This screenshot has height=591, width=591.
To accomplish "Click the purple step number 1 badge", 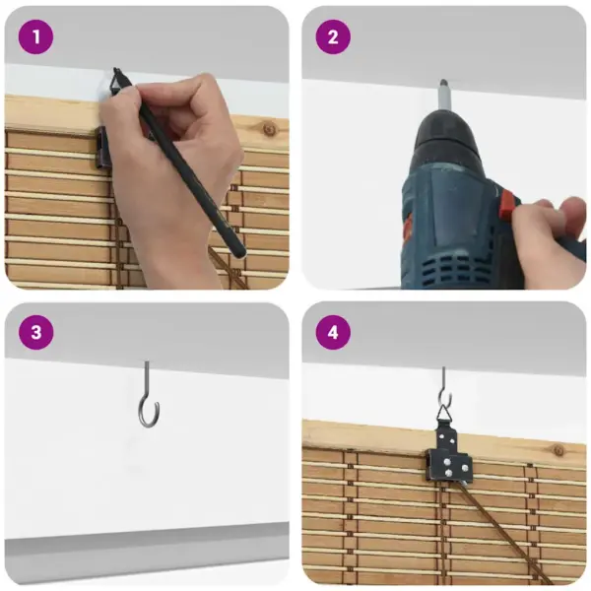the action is (x=35, y=37).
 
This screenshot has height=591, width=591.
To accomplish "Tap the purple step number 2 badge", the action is (x=333, y=37).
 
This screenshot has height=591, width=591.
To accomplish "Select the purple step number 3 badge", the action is (x=35, y=333).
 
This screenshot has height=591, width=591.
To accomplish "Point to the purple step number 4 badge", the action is (x=333, y=333).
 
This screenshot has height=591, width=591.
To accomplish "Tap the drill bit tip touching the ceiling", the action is (x=443, y=82).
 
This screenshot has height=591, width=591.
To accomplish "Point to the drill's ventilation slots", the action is (x=452, y=268).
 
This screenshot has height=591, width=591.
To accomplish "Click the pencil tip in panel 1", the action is (x=115, y=70).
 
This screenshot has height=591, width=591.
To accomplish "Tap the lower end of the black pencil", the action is (x=239, y=252).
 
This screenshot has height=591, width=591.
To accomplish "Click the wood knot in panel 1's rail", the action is (x=269, y=130).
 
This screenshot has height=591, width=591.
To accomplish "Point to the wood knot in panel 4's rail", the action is (x=558, y=450).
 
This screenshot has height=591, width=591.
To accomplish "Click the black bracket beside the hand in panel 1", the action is (x=102, y=148).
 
